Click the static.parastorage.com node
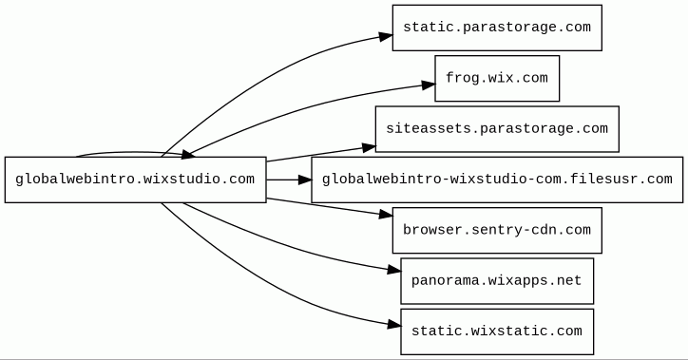[x=497, y=28]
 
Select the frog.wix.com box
[x=497, y=79]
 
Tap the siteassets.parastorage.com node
[x=497, y=129]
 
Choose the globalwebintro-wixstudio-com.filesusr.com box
[x=497, y=180]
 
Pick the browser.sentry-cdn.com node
[x=497, y=230]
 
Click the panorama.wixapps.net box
[x=497, y=281]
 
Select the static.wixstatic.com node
[x=497, y=332]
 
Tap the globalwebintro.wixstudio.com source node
[x=136, y=180]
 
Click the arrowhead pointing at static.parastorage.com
[x=386, y=36]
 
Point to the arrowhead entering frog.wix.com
[x=429, y=85]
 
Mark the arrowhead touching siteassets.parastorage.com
[x=369, y=148]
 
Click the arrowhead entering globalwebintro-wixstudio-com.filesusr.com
[x=305, y=180]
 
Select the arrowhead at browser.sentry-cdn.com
[x=386, y=214]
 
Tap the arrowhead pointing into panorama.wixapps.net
[x=394, y=270]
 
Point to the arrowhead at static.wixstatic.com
[x=394, y=325]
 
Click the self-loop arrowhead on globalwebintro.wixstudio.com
[x=187, y=154]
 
